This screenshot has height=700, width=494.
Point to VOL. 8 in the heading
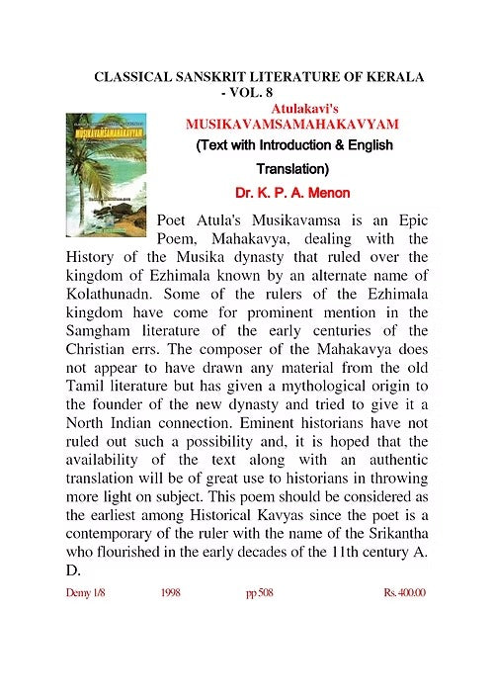[x=248, y=93]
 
